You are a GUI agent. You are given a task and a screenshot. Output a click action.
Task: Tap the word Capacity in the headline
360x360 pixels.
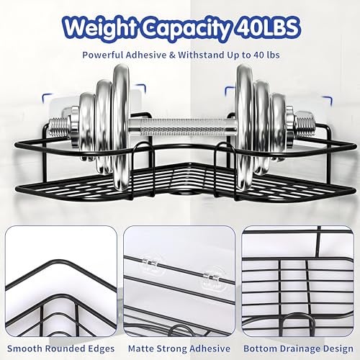[x=185, y=29]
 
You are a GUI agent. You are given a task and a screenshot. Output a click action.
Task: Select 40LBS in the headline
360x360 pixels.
[x=266, y=27]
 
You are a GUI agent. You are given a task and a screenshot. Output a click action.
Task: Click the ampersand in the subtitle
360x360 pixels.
[x=172, y=55]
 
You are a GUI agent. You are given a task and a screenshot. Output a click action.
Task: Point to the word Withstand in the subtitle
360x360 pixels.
[x=201, y=55]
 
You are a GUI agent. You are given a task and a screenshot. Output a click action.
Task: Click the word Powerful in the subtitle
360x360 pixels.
[x=103, y=55]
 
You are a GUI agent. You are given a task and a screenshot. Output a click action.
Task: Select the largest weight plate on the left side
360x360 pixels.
[x=122, y=127]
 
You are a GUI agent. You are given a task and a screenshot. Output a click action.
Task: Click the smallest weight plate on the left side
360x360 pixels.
[x=87, y=126]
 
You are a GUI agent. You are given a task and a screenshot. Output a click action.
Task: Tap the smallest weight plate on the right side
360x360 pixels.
[x=279, y=126]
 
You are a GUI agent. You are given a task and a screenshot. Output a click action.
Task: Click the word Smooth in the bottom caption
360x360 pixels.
[x=24, y=348]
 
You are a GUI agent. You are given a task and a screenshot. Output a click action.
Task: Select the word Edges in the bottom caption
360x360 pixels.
[x=102, y=349]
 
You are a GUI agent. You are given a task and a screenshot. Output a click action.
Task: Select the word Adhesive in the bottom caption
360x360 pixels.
[x=208, y=348]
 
